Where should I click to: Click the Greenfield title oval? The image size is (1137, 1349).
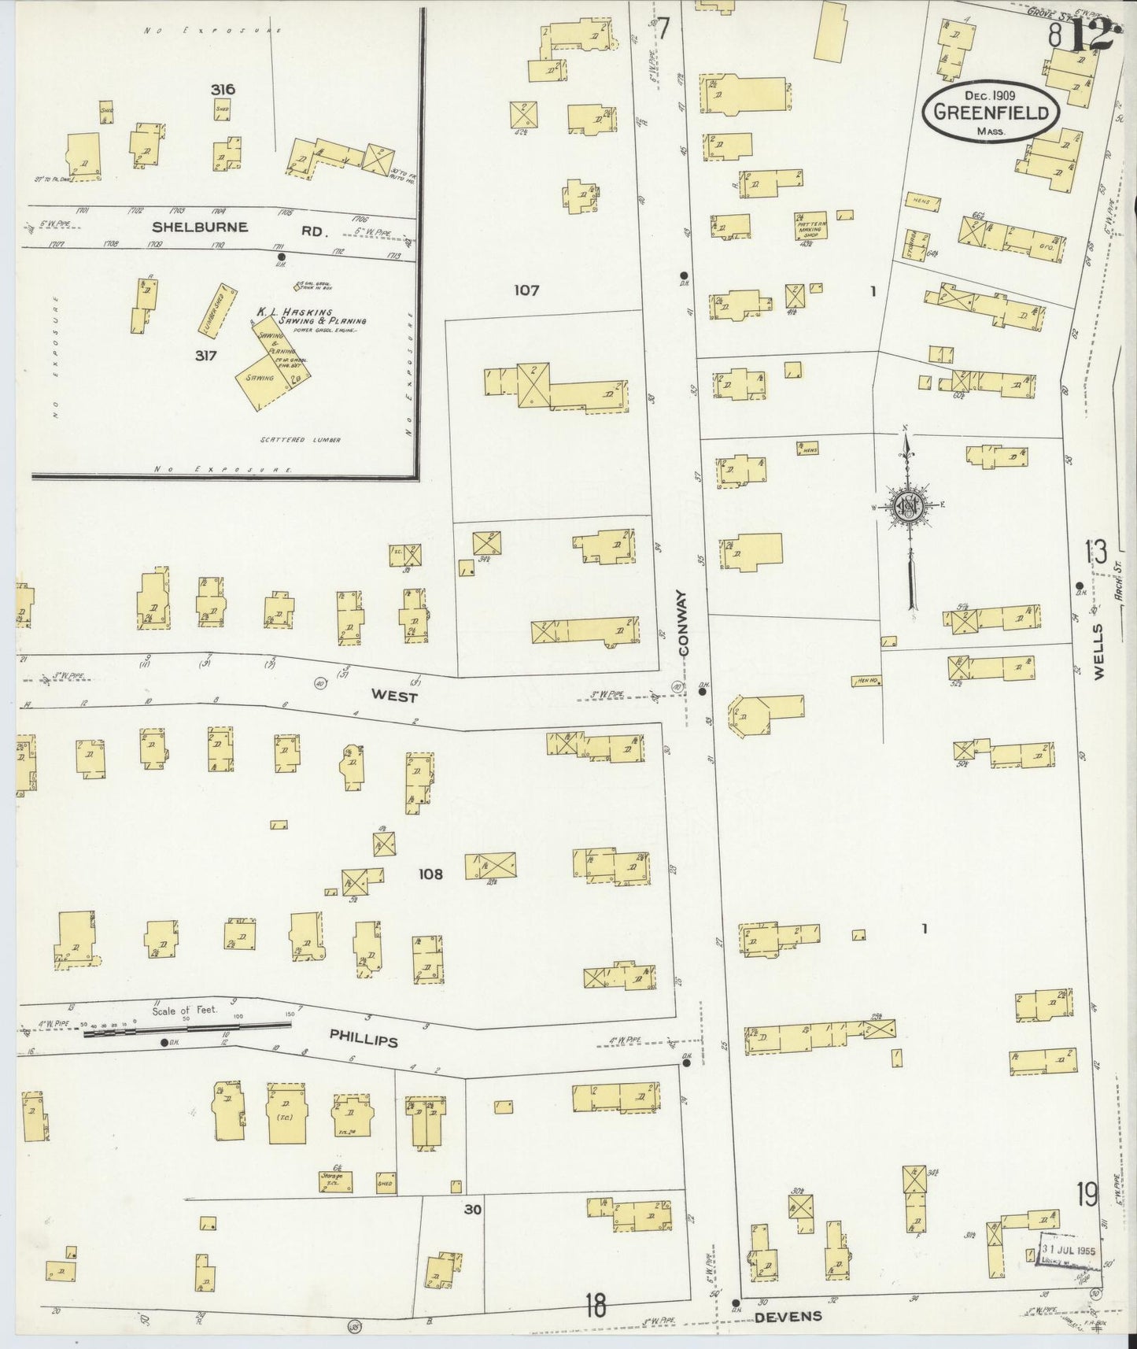point(991,112)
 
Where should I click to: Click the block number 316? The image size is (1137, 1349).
point(223,90)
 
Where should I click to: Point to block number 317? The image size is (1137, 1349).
point(206,356)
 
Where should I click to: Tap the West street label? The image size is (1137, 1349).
point(394,697)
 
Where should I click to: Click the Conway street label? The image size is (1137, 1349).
point(684,624)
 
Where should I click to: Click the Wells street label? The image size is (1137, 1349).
point(1098,651)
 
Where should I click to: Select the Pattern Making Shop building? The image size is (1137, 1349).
point(809,229)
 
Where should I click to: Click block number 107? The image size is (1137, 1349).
point(526,290)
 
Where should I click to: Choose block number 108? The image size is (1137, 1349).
point(430,874)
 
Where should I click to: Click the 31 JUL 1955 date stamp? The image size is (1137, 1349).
point(1069,1253)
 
